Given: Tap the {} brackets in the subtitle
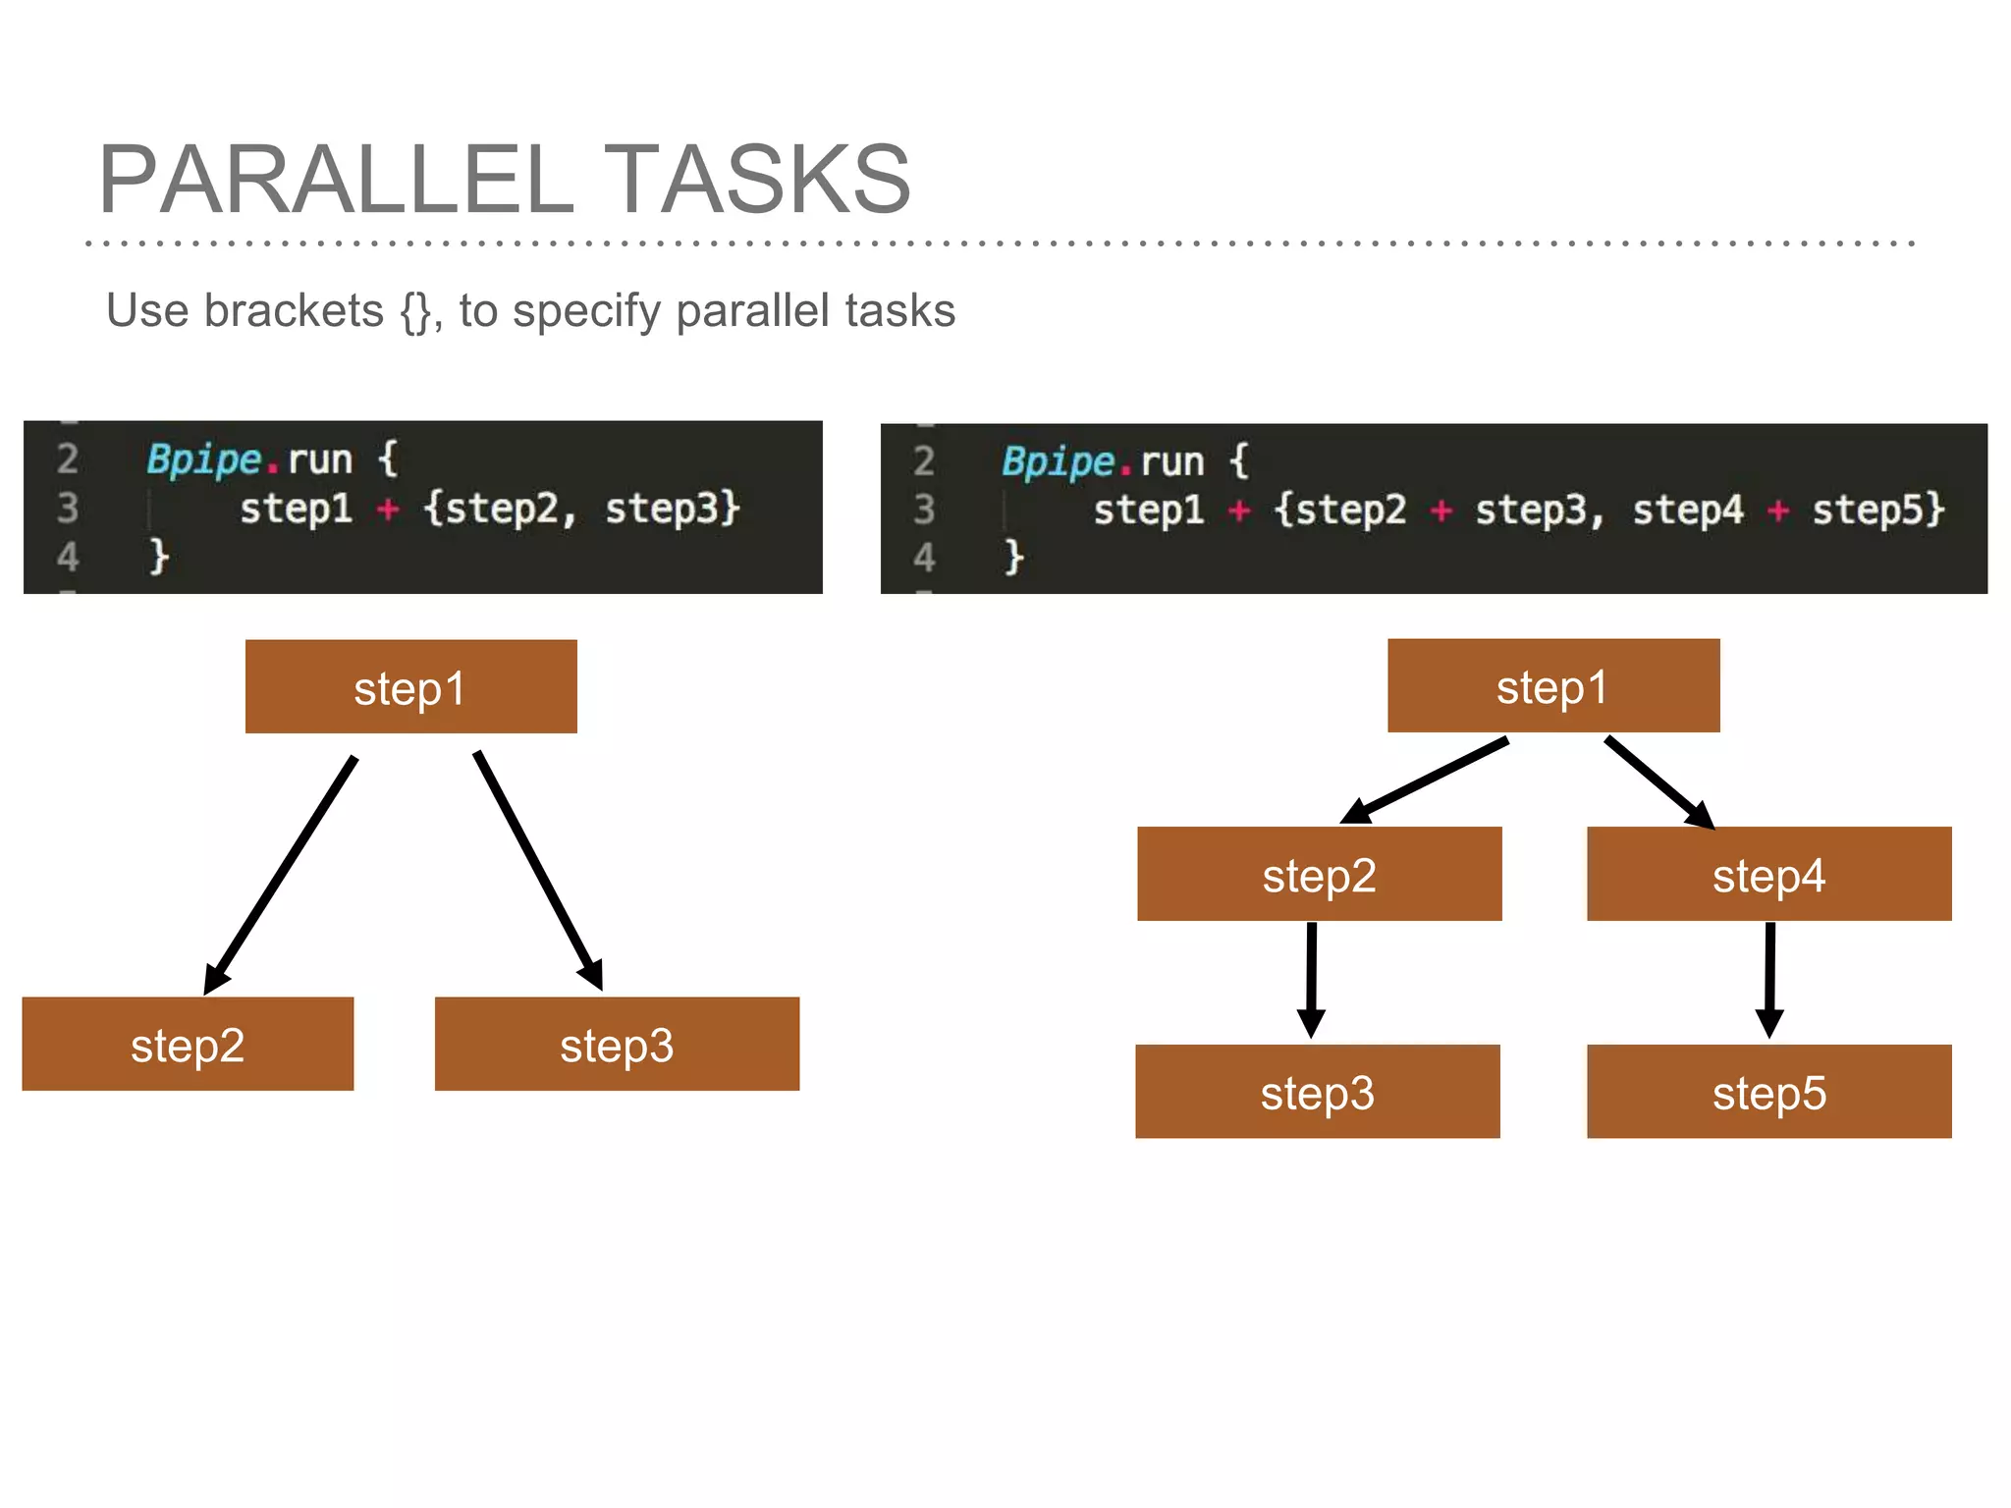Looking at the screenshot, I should pos(416,312).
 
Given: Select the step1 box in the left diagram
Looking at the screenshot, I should pos(410,687).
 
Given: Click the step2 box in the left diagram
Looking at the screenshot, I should pos(188,1045).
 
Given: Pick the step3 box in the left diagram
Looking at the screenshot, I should pos(617,1045).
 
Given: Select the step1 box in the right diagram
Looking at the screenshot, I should pos(1552,686).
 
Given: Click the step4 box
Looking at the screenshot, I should pos(1768,875).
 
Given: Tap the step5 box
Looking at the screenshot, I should pos(1768,1092).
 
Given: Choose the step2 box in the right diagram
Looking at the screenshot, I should pos(1319,875).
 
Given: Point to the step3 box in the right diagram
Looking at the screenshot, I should pos(1317,1092).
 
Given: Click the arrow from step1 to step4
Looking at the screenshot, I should pos(1658,782).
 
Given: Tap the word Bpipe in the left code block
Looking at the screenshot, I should pos(204,459).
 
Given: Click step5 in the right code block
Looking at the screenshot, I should pos(1876,510).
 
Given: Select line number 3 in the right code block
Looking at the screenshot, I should pos(923,510).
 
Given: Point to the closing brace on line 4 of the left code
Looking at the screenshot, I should pos(159,557).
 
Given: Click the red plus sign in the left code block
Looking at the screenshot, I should pos(388,509).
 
